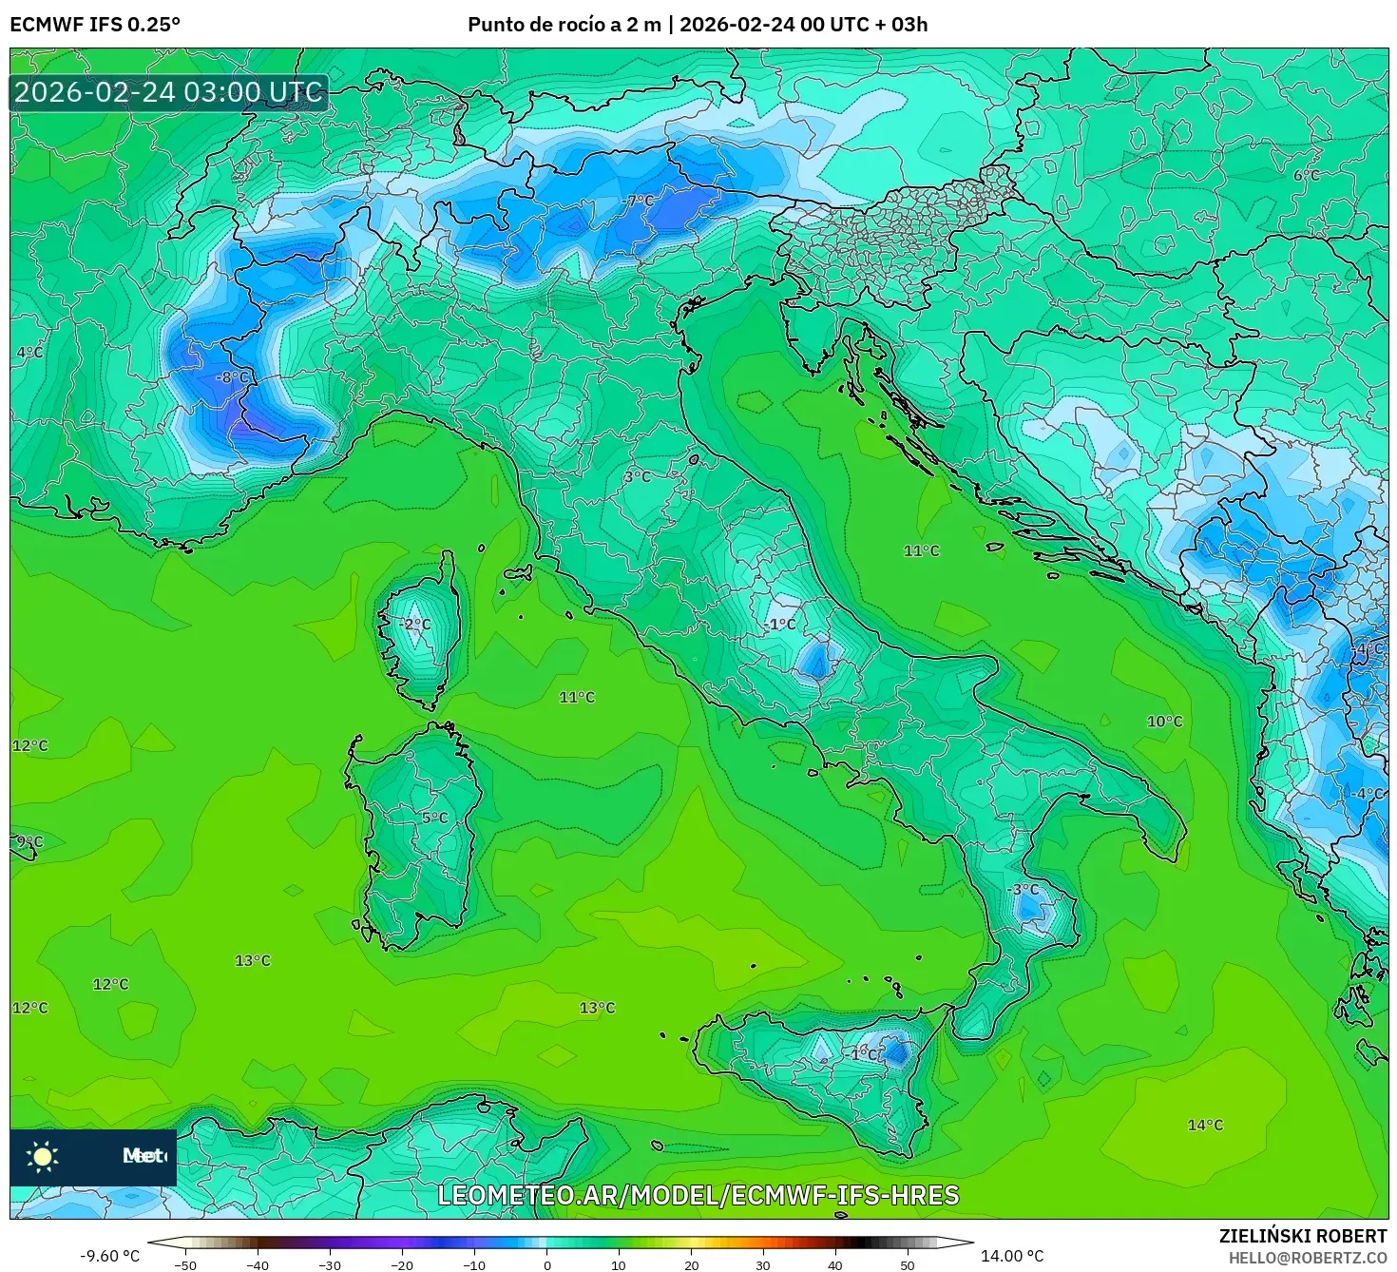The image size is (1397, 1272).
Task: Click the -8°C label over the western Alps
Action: (x=232, y=377)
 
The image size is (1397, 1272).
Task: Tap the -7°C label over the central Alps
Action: (x=639, y=201)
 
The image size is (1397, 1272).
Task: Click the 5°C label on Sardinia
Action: (x=434, y=818)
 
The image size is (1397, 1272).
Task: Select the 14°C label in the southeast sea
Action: (x=1205, y=1125)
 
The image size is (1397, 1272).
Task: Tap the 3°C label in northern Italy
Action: (x=638, y=476)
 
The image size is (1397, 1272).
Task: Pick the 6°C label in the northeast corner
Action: (x=1307, y=175)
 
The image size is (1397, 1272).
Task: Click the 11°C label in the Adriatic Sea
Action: (x=921, y=550)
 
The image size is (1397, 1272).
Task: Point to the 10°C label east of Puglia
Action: (x=1164, y=722)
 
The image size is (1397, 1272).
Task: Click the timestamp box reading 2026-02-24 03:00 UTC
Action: (x=169, y=92)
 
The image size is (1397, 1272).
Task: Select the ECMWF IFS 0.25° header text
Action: (x=94, y=25)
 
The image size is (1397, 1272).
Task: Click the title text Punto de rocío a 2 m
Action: (x=564, y=25)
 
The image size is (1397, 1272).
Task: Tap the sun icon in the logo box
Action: (x=43, y=1156)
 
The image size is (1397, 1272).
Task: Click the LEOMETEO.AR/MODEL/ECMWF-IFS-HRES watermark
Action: (x=698, y=1195)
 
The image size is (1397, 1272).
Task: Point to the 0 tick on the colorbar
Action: (x=546, y=1264)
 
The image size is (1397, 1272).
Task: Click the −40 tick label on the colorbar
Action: (x=257, y=1264)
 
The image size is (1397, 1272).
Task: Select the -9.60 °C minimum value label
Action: (x=109, y=1256)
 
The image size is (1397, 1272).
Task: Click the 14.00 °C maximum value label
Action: (x=1011, y=1256)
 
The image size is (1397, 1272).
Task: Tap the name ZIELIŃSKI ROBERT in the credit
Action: (x=1302, y=1236)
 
